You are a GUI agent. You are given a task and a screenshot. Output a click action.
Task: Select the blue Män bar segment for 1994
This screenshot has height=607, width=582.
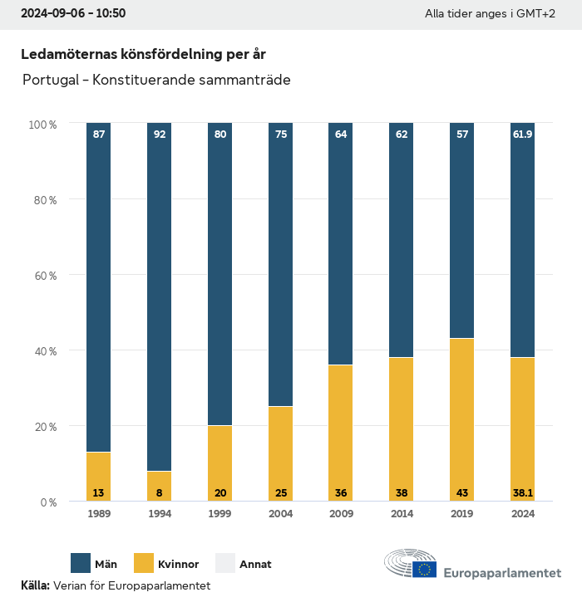pyautogui.click(x=159, y=299)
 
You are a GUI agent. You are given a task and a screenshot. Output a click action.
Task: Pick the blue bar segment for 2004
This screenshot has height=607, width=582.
pyautogui.click(x=280, y=266)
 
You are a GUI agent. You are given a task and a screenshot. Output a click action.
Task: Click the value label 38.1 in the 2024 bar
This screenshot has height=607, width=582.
pyautogui.click(x=522, y=493)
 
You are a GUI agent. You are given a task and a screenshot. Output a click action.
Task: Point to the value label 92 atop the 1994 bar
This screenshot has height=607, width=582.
pyautogui.click(x=159, y=134)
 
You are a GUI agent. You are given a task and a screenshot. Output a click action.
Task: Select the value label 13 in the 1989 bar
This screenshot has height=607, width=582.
pyautogui.click(x=98, y=493)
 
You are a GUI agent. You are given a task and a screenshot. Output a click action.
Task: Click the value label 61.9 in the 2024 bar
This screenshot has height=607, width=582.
pyautogui.click(x=522, y=134)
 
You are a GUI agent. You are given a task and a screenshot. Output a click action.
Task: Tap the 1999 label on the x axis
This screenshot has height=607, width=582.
pyautogui.click(x=219, y=514)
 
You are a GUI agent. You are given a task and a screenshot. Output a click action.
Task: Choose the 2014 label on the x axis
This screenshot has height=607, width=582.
pyautogui.click(x=401, y=514)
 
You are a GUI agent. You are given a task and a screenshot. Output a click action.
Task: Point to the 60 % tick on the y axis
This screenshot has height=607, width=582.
pyautogui.click(x=43, y=275)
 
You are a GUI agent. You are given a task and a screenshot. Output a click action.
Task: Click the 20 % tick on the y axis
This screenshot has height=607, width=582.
pyautogui.click(x=43, y=427)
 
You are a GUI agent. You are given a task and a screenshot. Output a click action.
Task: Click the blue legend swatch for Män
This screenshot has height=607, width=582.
pyautogui.click(x=81, y=564)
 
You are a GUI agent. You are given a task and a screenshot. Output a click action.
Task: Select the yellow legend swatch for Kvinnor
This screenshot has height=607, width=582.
pyautogui.click(x=143, y=564)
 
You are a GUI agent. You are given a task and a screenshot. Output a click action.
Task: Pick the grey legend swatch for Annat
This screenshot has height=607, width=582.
pyautogui.click(x=226, y=564)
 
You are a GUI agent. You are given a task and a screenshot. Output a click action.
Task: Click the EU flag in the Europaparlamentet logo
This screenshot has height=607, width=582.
pyautogui.click(x=425, y=569)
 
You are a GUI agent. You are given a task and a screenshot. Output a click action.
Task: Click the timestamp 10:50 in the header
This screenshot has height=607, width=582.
pyautogui.click(x=111, y=14)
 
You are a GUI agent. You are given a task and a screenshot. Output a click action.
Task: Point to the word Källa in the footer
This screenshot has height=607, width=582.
pyautogui.click(x=35, y=585)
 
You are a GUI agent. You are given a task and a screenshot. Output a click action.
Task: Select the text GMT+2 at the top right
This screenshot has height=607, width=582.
pyautogui.click(x=536, y=14)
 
